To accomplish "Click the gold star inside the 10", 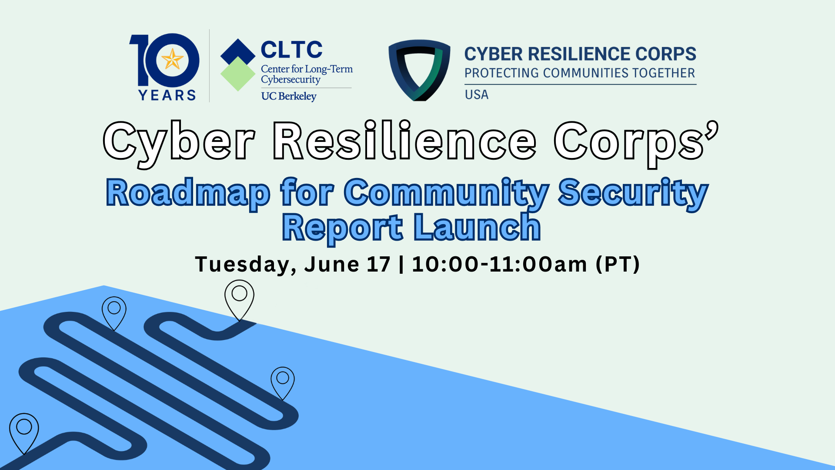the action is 172,59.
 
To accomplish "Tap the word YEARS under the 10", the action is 167,95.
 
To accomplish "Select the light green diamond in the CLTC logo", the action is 238,74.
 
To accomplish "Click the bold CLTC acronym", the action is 292,50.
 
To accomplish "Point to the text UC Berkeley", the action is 289,96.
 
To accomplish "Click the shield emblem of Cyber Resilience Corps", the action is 419,70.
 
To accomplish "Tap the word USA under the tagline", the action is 477,95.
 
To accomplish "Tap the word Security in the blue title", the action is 633,193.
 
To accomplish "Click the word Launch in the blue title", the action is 477,227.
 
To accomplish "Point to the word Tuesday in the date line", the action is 246,265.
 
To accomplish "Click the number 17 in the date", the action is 378,264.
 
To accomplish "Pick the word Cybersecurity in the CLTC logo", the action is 291,80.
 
